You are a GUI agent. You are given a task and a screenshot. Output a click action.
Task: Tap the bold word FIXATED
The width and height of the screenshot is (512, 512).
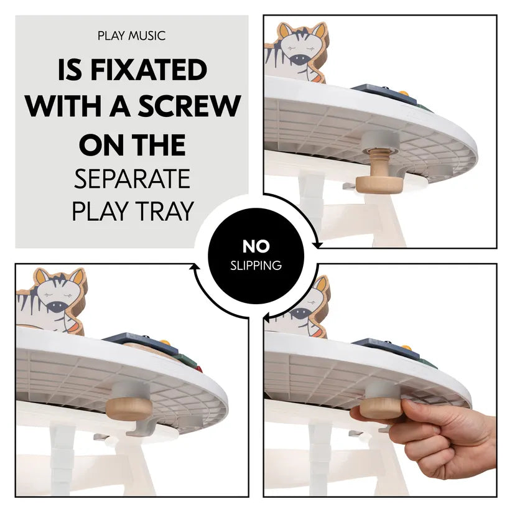(149, 70)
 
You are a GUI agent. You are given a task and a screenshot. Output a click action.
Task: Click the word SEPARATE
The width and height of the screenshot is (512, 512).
(133, 179)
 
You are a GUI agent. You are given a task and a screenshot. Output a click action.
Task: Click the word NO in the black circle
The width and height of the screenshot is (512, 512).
(256, 246)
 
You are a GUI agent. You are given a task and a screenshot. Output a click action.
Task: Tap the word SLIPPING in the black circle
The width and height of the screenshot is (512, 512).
(256, 266)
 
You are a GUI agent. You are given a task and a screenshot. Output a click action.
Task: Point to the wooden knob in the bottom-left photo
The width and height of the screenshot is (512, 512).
(129, 409)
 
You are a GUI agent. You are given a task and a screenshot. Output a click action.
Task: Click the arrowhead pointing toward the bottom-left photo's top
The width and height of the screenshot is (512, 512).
(195, 267)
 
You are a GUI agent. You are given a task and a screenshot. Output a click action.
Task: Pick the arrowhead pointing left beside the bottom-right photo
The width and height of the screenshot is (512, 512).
(267, 316)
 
